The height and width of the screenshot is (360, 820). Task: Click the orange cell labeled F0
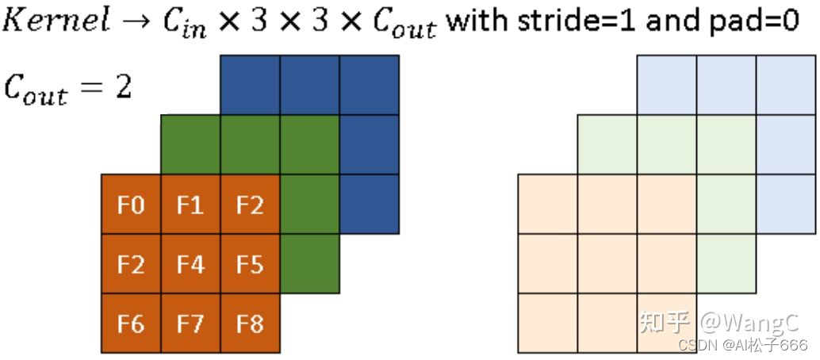click(x=131, y=205)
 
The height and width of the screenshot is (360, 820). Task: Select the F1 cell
click(x=190, y=205)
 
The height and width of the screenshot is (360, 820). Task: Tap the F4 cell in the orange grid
click(x=190, y=264)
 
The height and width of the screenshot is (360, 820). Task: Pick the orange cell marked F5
click(x=250, y=264)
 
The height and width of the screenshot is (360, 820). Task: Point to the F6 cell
click(x=131, y=324)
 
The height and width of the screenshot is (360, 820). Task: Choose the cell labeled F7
click(x=190, y=324)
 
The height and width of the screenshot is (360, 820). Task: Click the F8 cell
click(x=250, y=324)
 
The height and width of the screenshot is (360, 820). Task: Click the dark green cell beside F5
click(x=310, y=264)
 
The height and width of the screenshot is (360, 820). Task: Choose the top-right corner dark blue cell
click(x=369, y=85)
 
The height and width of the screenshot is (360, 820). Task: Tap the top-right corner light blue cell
click(x=785, y=85)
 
